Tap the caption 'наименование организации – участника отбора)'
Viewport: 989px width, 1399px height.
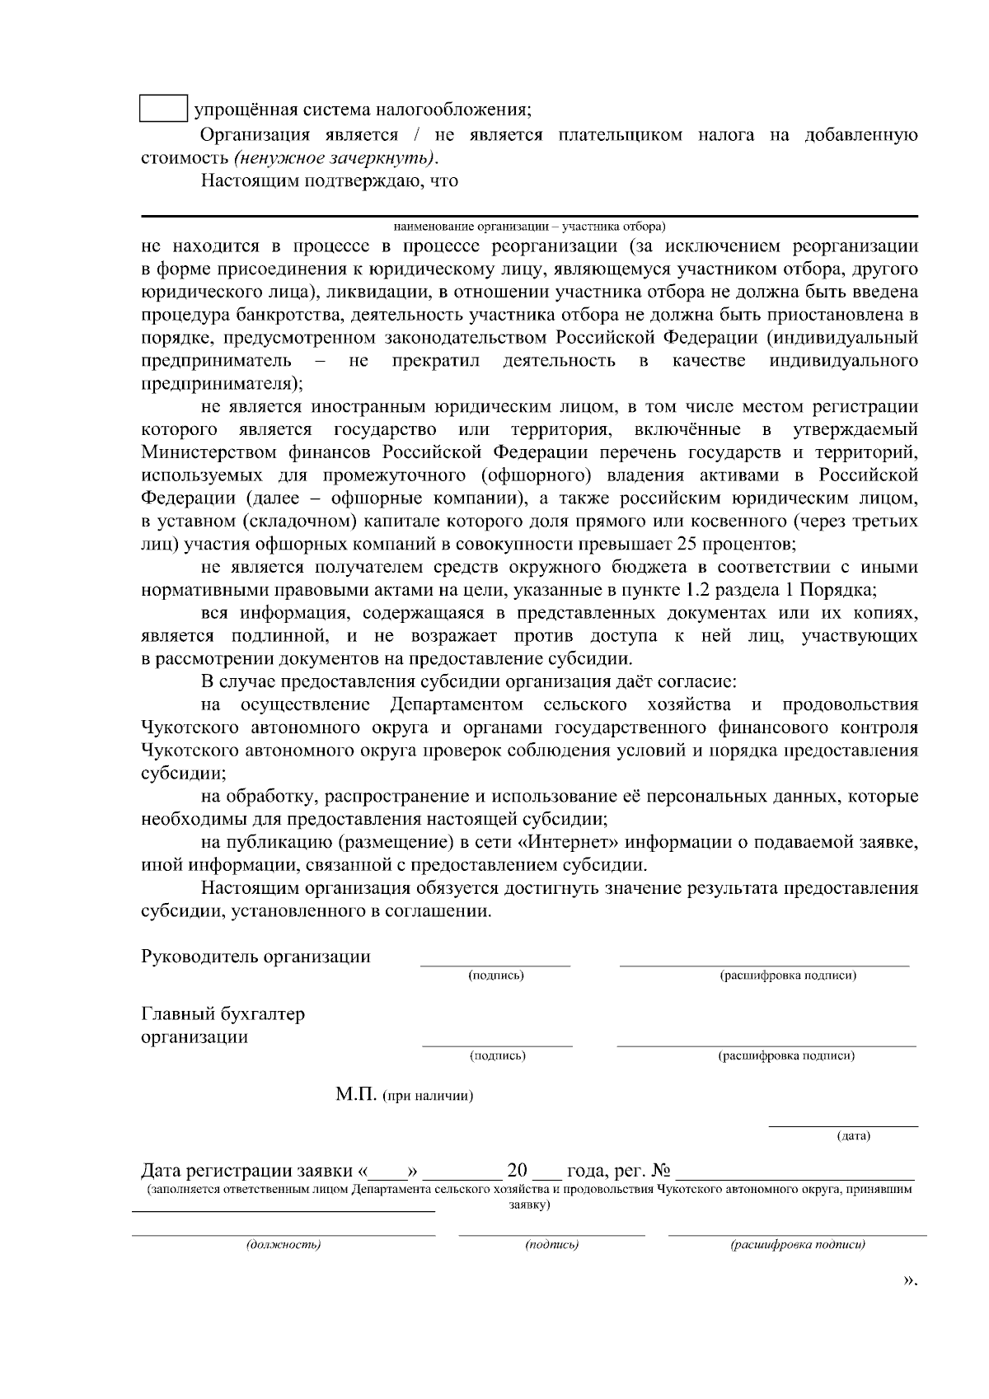coord(529,225)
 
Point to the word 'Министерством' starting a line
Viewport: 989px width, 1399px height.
coord(209,452)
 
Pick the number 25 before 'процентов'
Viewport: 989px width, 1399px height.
coord(686,544)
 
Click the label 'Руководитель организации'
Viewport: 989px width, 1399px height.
coord(255,957)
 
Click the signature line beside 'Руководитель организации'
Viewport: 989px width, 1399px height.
coord(495,963)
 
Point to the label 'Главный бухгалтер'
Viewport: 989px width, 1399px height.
coord(223,1013)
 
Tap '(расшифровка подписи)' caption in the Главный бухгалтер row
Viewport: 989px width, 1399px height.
coord(786,1055)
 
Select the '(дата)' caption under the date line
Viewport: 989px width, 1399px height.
coord(853,1136)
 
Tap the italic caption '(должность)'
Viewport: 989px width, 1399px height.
coord(283,1244)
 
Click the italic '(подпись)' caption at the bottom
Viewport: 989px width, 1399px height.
coord(551,1244)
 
